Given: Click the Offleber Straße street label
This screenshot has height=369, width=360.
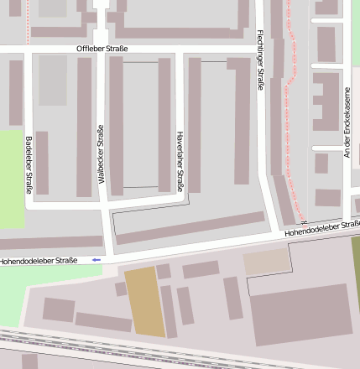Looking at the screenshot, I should coord(102,49).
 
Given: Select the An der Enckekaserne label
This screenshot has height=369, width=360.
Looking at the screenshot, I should coord(346,122).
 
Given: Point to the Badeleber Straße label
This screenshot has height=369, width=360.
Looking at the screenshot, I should coord(29,164).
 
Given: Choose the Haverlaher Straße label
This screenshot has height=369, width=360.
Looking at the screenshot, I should coord(179,160).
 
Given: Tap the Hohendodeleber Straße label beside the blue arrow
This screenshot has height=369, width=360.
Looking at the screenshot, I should coord(39,260).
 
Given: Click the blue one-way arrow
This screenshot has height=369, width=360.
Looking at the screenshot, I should coord(97,260).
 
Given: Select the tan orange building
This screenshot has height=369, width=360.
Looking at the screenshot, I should coord(143,302).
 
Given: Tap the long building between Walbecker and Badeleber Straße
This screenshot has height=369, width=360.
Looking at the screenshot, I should coord(84,126).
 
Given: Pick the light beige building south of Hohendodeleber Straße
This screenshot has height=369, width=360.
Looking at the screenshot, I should coord(266,262).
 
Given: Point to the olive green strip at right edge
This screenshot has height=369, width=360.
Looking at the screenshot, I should coord(355,268).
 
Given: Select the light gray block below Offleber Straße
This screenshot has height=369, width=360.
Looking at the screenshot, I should coord(52,81).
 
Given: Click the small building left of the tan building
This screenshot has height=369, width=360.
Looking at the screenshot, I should coord(121,288).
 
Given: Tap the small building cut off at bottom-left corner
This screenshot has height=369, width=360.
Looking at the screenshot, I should coord(29,361).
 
